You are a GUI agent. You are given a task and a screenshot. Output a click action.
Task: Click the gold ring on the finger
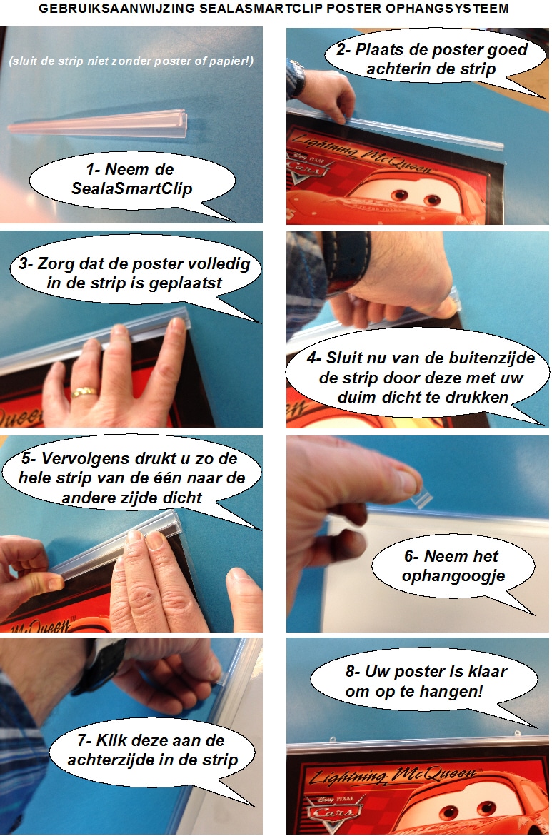85,393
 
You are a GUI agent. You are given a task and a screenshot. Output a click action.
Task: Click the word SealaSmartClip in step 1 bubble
131,188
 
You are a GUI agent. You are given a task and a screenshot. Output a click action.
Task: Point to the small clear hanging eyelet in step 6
424,499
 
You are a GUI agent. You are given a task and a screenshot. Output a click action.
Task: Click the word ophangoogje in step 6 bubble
453,576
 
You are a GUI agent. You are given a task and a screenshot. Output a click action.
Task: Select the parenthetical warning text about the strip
131,61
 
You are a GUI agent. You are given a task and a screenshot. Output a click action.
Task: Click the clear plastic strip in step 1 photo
99,124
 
